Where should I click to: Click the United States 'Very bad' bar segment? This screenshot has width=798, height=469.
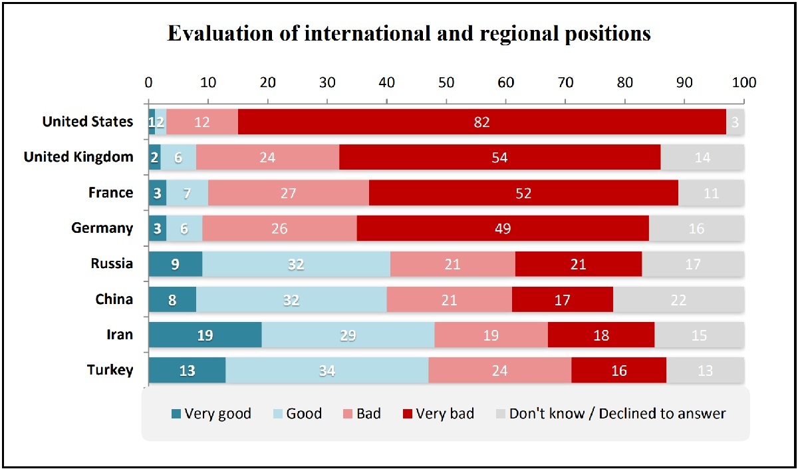click(481, 122)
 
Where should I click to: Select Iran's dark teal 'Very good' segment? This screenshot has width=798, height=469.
click(205, 335)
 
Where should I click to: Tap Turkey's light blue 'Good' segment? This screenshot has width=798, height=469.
click(327, 371)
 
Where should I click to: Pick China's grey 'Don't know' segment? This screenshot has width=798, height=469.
click(678, 299)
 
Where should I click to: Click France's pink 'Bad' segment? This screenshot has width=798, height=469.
click(288, 193)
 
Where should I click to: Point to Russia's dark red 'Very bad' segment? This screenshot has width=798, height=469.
click(578, 263)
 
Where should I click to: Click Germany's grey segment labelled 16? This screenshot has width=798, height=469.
click(696, 228)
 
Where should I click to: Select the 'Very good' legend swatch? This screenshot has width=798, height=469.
click(176, 414)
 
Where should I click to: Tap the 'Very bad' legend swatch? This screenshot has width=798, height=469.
click(407, 414)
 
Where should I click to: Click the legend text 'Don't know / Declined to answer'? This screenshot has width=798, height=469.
click(617, 414)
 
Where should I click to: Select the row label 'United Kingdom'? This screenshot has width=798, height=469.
click(78, 158)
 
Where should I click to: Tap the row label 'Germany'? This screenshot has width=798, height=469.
click(103, 228)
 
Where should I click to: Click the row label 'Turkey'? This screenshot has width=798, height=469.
click(109, 371)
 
